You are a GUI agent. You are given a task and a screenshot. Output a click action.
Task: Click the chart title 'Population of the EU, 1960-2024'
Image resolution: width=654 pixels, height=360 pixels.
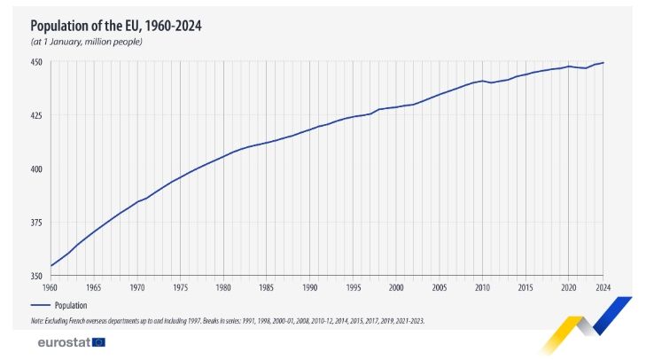click(116, 26)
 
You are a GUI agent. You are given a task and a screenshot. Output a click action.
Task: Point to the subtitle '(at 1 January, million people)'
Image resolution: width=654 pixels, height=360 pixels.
click(86, 42)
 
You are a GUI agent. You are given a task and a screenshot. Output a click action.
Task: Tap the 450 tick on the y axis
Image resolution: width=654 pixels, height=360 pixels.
click(38, 62)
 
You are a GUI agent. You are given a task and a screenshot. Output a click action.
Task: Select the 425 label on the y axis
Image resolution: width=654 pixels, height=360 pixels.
click(38, 115)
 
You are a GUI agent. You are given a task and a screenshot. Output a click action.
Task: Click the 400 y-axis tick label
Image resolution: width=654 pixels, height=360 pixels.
click(38, 168)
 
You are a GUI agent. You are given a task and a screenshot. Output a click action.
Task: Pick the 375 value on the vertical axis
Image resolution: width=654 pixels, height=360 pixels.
click(38, 222)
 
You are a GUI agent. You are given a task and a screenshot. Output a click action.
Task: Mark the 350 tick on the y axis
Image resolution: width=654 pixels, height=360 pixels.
click(38, 275)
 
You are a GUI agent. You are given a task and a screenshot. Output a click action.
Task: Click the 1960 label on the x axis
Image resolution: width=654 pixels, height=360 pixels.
click(51, 287)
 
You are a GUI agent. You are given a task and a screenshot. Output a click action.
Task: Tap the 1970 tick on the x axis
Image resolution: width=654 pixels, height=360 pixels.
click(137, 287)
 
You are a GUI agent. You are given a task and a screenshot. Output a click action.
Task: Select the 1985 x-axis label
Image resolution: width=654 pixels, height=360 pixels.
click(267, 287)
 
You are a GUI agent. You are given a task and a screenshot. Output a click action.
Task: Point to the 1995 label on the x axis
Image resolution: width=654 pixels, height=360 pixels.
click(353, 287)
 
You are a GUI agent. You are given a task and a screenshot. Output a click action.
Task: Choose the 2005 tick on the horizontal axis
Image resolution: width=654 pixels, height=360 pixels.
click(439, 287)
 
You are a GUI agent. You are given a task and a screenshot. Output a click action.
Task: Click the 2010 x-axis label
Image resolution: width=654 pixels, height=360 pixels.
click(482, 287)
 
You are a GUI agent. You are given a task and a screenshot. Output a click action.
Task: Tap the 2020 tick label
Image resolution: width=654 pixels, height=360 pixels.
click(568, 287)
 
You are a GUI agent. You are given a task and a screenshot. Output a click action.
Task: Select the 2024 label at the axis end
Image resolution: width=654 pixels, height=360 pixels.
click(603, 287)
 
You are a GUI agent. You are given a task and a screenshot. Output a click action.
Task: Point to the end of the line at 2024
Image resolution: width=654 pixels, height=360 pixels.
click(603, 63)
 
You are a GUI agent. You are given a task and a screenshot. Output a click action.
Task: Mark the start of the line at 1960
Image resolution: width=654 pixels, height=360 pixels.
click(51, 265)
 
